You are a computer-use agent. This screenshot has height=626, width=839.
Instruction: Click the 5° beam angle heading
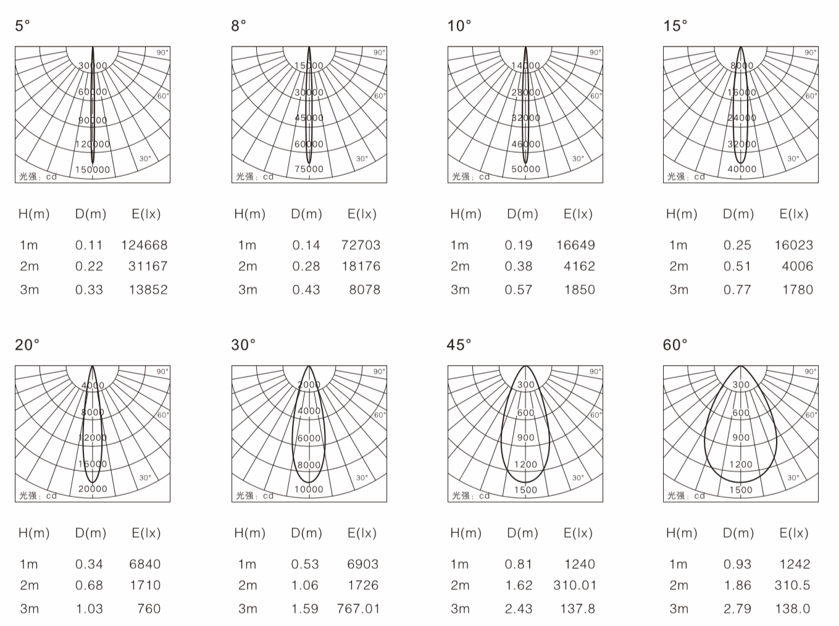pyautogui.click(x=22, y=26)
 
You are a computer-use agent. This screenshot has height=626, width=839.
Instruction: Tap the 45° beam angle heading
pyautogui.click(x=459, y=345)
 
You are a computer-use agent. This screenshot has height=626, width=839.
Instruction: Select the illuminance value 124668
pyautogui.click(x=144, y=245)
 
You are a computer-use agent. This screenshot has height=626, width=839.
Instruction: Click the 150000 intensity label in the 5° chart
pyautogui.click(x=93, y=169)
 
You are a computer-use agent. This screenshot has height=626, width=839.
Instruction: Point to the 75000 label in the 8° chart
pyautogui.click(x=309, y=169)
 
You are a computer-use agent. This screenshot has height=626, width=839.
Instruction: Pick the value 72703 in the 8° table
pyautogui.click(x=361, y=245)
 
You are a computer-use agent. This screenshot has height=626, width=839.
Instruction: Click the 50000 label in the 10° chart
pyautogui.click(x=525, y=169)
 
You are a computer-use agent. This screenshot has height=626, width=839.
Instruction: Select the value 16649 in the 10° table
pyautogui.click(x=575, y=245)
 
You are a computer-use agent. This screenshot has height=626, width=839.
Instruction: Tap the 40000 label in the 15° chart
pyautogui.click(x=741, y=169)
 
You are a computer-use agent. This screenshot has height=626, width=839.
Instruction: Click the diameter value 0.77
pyautogui.click(x=737, y=290)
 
